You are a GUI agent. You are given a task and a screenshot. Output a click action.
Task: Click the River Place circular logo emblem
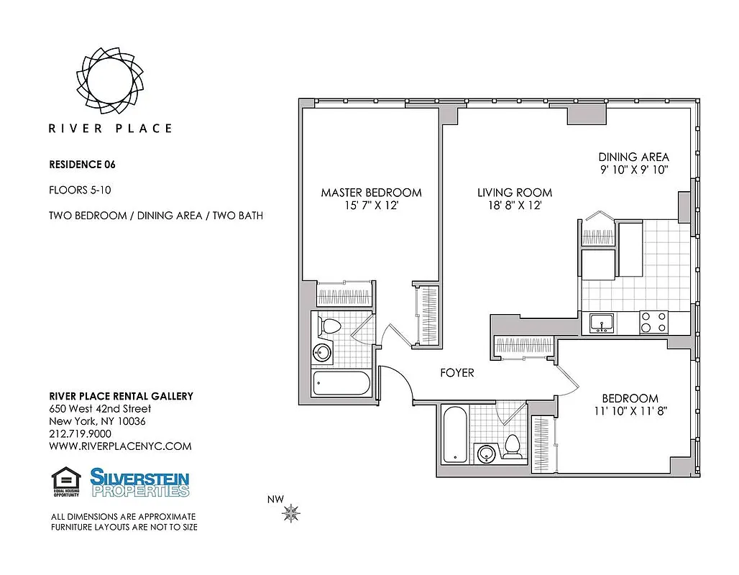[x=110, y=76]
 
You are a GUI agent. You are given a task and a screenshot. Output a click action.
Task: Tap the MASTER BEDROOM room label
[x=371, y=193]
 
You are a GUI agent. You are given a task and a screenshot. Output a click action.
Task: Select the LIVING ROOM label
[x=515, y=193]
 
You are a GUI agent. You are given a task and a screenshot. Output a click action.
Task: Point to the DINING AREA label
[x=633, y=157]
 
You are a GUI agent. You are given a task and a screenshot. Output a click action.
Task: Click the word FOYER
[x=457, y=373]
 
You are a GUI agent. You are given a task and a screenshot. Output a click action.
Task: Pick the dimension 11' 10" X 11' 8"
[x=630, y=411]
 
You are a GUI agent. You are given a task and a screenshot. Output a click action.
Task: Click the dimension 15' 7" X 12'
[x=371, y=206]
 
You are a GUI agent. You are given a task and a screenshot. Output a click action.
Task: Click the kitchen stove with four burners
[x=653, y=321]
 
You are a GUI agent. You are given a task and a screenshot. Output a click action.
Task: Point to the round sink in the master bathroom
[x=323, y=353]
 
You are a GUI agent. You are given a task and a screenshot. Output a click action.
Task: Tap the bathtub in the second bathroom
[x=454, y=435]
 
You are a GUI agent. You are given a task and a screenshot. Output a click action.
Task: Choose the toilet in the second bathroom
[x=513, y=446]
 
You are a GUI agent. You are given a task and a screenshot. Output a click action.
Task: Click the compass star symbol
[x=292, y=513]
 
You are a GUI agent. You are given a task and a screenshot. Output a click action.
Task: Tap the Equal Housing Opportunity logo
[x=65, y=482]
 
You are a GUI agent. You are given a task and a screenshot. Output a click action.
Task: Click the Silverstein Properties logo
[x=139, y=482]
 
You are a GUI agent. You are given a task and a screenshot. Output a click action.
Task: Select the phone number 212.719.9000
[x=80, y=434]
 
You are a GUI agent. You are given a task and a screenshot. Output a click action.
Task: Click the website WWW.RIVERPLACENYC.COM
[x=120, y=446]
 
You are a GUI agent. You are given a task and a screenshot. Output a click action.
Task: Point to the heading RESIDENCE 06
[x=82, y=164]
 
